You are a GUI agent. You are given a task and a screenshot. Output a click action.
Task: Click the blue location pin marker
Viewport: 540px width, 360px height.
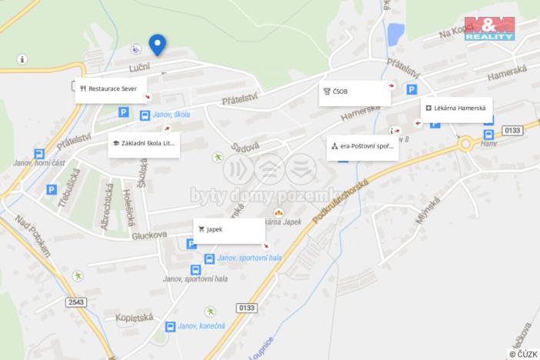click(157, 45)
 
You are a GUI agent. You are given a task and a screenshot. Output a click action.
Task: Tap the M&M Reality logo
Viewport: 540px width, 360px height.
click(489, 28)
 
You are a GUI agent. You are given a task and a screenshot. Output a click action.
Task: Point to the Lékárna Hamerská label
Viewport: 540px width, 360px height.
click(456, 108)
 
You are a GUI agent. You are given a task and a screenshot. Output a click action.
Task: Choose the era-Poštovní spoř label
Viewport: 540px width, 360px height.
click(362, 145)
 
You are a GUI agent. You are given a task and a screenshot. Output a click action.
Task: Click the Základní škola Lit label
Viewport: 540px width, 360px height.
click(144, 143)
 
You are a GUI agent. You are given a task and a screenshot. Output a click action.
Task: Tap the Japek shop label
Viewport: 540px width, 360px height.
click(228, 229)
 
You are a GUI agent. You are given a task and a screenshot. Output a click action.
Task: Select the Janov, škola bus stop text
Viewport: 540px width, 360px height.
click(171, 115)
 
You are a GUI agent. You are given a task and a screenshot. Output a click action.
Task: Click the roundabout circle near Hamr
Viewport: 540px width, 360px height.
click(466, 144)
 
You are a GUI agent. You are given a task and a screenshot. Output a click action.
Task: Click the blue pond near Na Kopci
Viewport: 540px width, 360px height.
click(396, 33)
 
